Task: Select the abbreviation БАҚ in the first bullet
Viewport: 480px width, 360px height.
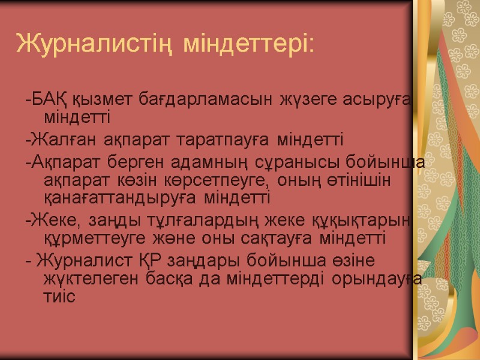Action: click(x=51, y=98)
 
